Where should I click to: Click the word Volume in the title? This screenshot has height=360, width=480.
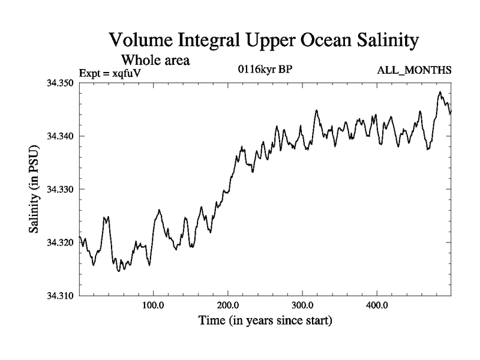(x=140, y=41)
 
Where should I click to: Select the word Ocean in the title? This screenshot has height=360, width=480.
(x=315, y=41)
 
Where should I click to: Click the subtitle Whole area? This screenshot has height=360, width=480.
(x=155, y=60)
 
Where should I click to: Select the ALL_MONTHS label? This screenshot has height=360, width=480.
(x=414, y=71)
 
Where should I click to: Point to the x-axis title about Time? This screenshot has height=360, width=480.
(x=265, y=321)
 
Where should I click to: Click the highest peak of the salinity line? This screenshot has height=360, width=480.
(x=440, y=92)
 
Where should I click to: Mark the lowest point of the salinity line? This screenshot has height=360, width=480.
(x=118, y=271)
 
